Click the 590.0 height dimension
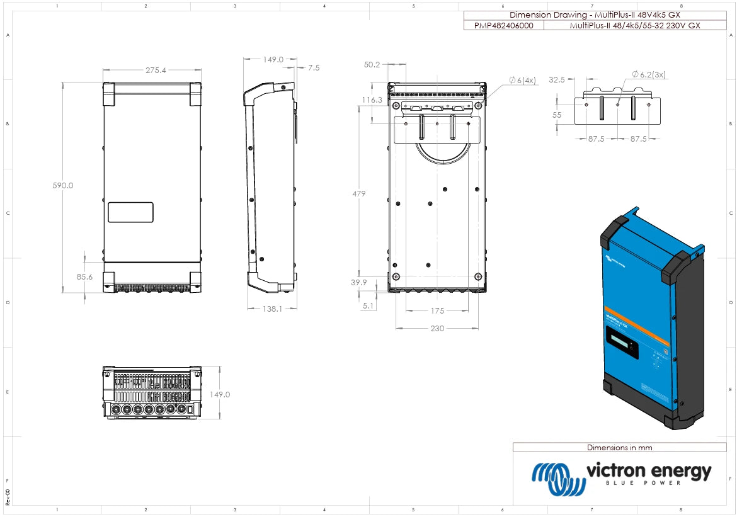pos(63,186)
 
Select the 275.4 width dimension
pos(156,71)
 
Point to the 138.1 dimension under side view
pos(271,309)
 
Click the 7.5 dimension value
pos(314,67)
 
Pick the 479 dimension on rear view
pos(358,193)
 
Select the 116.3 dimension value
pos(372,100)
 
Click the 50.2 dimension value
pos(372,64)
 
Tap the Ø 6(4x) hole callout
pos(522,80)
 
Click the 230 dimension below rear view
pos(437,329)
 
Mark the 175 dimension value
pos(437,310)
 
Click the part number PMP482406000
pos(503,26)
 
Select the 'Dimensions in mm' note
pos(619,448)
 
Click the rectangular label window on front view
pos(130,212)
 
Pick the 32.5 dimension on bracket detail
pos(557,80)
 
